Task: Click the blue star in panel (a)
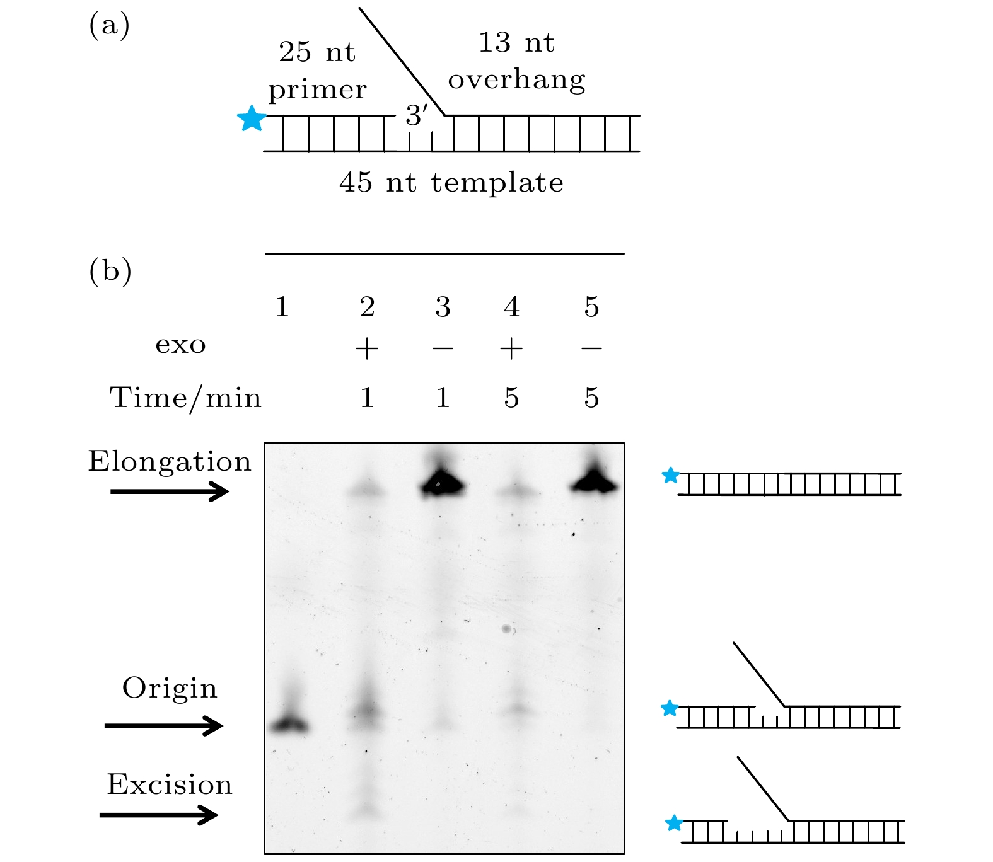(x=252, y=118)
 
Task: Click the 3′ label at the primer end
(x=416, y=115)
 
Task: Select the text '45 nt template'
(x=451, y=183)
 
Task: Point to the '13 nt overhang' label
(x=516, y=61)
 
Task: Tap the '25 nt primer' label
(x=317, y=71)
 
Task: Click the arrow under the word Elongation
(x=170, y=491)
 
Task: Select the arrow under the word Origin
(x=164, y=726)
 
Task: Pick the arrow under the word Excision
(x=159, y=815)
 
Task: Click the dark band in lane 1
(x=289, y=725)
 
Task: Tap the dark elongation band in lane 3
(x=443, y=484)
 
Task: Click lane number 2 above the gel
(x=367, y=307)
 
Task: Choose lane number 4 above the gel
(x=512, y=307)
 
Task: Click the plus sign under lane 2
(x=367, y=348)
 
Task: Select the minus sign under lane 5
(x=591, y=348)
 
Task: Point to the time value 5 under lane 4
(x=512, y=398)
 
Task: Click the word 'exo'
(x=181, y=345)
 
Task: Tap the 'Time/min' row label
(x=185, y=398)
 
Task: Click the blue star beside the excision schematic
(x=674, y=823)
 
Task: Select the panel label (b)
(x=110, y=270)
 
